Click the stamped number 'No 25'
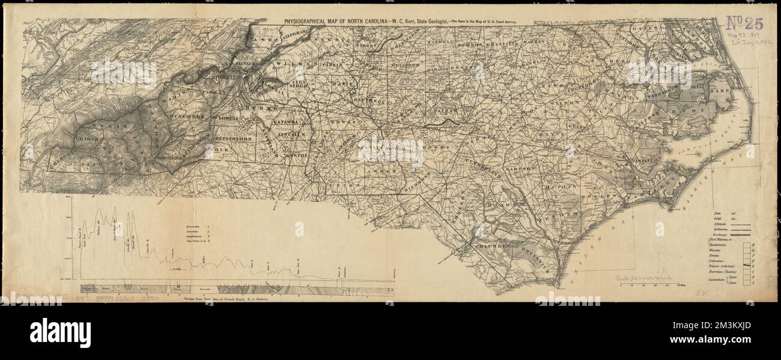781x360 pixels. point(744,23)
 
